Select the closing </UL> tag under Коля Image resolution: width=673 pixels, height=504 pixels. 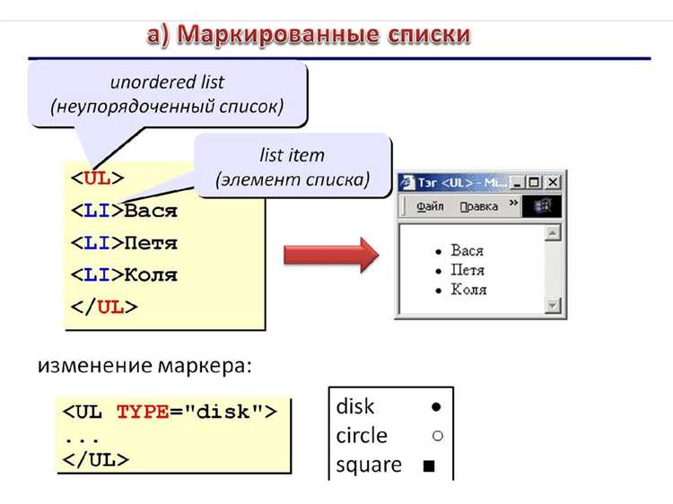103,307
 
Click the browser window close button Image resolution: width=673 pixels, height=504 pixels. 553,183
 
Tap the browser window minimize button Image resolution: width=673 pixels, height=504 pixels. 518,183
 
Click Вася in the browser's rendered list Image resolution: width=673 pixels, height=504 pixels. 467,250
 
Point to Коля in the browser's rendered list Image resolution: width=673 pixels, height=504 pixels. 468,290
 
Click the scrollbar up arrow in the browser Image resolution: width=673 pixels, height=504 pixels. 553,232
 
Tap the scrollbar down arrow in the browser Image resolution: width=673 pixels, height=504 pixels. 553,306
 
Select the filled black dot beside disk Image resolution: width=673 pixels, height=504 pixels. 436,407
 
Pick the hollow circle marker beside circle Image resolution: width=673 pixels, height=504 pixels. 436,436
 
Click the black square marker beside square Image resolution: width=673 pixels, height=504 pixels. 429,465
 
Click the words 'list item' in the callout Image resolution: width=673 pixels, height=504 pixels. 292,155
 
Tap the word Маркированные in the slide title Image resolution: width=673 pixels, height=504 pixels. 266,34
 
